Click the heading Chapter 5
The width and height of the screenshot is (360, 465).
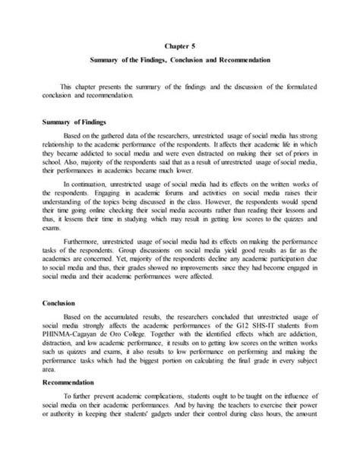(x=179, y=44)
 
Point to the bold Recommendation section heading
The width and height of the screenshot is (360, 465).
(x=74, y=403)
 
